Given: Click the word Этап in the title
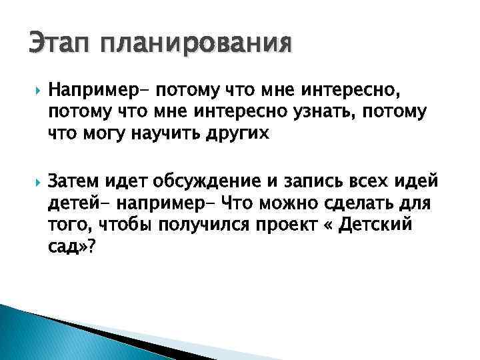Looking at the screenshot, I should [59, 44].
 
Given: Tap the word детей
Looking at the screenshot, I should [71, 203].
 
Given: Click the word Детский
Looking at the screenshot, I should [377, 225].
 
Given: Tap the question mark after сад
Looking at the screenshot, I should [92, 247].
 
